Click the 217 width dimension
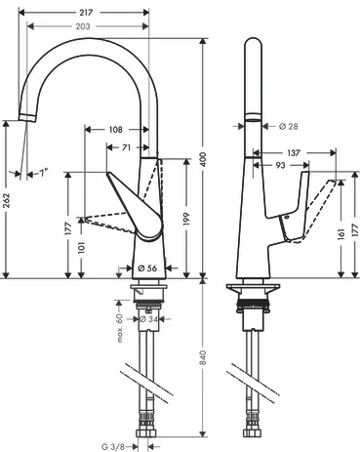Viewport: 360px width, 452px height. (86, 13)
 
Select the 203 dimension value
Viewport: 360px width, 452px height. (83, 26)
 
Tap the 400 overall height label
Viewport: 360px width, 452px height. (203, 159)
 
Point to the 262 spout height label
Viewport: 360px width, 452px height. (7, 200)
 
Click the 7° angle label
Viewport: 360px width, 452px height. (44, 172)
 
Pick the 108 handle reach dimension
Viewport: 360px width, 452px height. (116, 130)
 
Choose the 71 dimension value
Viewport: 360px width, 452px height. (126, 147)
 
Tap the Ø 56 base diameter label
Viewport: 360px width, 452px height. (147, 268)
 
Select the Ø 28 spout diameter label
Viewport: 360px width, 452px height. (289, 126)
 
